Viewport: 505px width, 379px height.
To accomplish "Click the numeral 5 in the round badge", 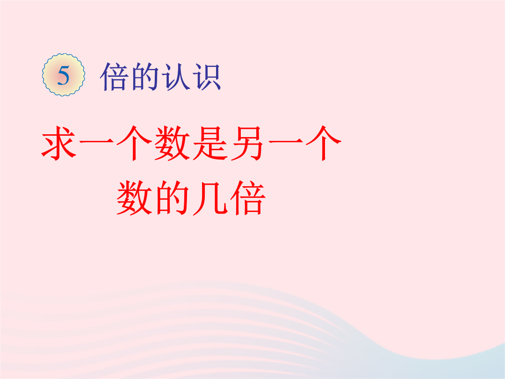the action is [x=64, y=76].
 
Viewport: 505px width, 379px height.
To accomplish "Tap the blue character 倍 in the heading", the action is [x=115, y=77].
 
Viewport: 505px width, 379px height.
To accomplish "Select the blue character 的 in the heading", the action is [x=145, y=77].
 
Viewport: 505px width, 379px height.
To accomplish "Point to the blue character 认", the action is [x=175, y=77].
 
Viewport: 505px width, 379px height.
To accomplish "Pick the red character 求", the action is [x=59, y=143].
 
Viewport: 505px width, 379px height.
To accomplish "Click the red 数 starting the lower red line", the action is [x=134, y=197].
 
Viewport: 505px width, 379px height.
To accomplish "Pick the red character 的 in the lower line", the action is [x=172, y=197].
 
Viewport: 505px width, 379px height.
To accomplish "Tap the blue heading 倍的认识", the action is [x=160, y=77].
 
